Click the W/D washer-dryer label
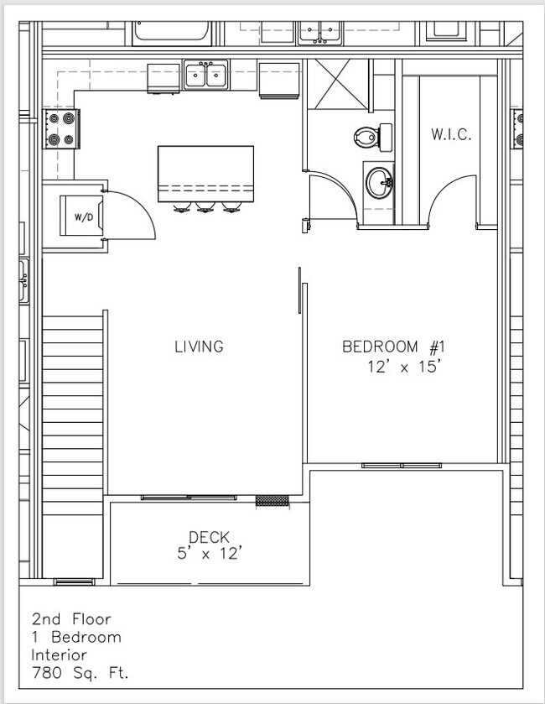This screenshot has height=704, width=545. coord(84,217)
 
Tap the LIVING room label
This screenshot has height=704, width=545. coord(199,346)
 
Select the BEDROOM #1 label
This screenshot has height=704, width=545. coord(392,347)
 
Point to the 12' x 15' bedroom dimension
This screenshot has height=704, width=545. coord(404,367)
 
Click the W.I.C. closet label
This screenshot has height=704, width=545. coord(451,133)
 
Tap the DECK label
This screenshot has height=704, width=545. coord(209,537)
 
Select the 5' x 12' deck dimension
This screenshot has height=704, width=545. coord(209,553)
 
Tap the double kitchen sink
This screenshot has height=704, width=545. coord(206,76)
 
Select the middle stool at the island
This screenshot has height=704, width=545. coord(205,206)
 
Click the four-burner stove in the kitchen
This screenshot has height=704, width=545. coord(60,129)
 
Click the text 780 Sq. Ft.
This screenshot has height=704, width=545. coord(80,672)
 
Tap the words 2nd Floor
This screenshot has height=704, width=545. coord(70,619)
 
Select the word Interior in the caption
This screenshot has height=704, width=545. coord(60,654)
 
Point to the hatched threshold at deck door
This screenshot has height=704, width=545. coord(272,500)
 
